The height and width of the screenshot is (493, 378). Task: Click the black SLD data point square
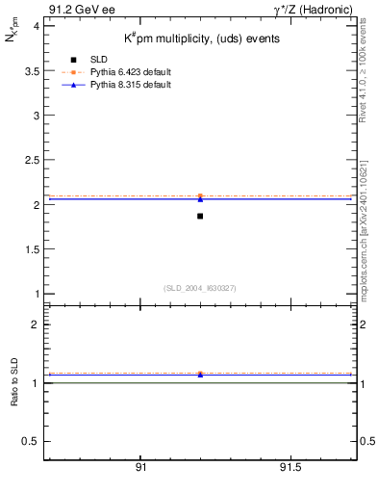[x=200, y=216]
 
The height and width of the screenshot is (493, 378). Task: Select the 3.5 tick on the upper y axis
[x=32, y=70]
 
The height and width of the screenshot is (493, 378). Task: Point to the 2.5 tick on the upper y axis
[x=32, y=160]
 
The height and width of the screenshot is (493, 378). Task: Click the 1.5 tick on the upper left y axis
[x=32, y=249]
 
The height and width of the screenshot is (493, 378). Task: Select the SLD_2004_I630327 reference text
[x=200, y=288]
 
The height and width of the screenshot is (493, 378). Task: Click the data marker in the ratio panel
[x=200, y=374]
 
